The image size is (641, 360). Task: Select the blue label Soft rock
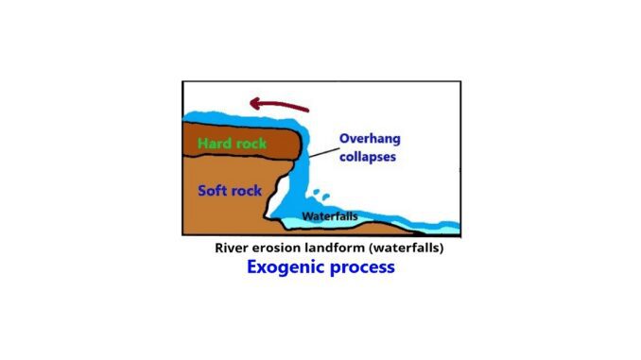(x=229, y=190)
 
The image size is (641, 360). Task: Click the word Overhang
(x=372, y=139)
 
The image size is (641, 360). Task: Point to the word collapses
(x=369, y=156)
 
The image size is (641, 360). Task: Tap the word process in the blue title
(x=360, y=267)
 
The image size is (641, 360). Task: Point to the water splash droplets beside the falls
(x=322, y=197)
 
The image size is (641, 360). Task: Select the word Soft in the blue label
(x=212, y=190)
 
